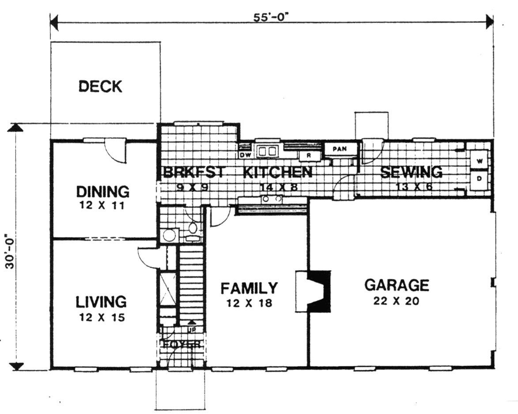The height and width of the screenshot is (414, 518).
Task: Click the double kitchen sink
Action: click(x=267, y=151)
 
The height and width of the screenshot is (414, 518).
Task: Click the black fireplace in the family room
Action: click(x=319, y=291)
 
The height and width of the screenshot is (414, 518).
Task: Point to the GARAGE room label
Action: click(x=396, y=285)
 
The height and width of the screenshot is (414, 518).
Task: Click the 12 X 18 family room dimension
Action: click(x=249, y=303)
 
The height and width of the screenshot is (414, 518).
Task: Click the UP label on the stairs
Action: click(x=192, y=329)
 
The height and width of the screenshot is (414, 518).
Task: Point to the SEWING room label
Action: click(x=411, y=172)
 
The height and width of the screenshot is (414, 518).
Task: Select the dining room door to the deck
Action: click(x=116, y=150)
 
